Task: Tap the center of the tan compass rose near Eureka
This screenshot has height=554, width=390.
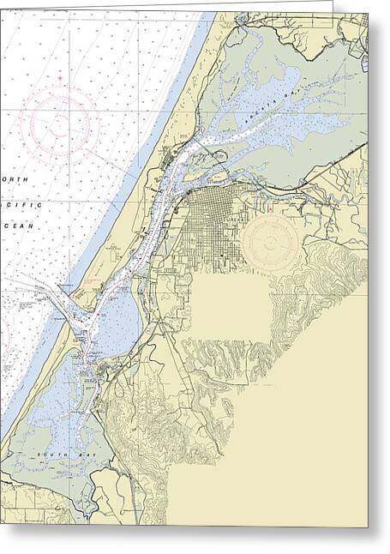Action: pyautogui.click(x=271, y=242)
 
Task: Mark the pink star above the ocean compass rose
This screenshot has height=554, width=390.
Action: pyautogui.click(x=60, y=79)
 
